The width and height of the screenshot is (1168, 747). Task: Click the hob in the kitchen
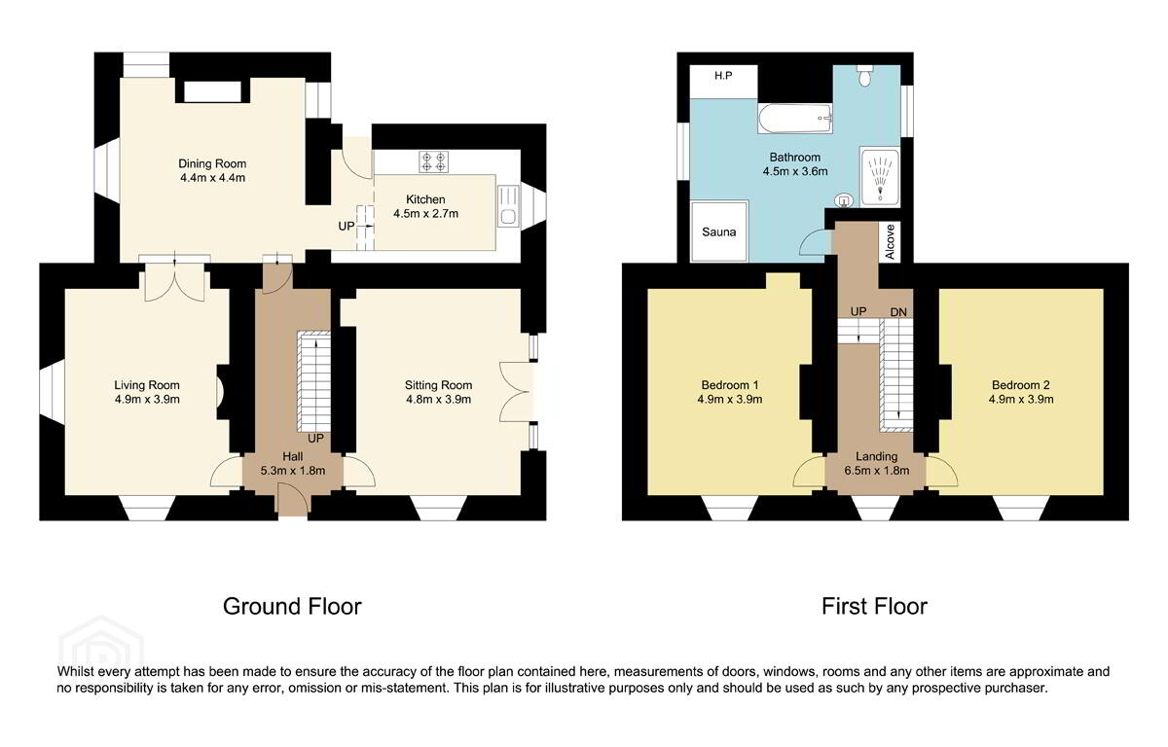(434, 161)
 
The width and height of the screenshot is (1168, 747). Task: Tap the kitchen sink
(508, 206)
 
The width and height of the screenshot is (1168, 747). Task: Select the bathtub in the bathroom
(794, 119)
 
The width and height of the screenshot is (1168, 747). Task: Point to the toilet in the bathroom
(864, 76)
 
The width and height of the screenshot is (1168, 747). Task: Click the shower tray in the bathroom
(880, 177)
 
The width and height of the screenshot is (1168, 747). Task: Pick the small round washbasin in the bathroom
(844, 200)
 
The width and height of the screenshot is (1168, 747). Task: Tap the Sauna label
(718, 232)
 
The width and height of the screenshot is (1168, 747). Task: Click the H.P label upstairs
(723, 76)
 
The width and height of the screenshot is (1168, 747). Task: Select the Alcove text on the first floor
(890, 242)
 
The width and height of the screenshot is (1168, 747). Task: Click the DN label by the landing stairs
(898, 312)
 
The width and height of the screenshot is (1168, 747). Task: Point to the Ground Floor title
(292, 606)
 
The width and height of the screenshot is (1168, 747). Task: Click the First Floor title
(874, 606)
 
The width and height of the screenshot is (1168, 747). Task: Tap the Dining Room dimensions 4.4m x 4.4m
(212, 178)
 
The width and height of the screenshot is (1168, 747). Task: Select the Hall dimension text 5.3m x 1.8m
(293, 471)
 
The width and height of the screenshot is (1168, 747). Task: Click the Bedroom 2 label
(1020, 385)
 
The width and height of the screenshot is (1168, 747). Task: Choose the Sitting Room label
(439, 385)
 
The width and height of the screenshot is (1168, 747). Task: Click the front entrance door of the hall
(294, 500)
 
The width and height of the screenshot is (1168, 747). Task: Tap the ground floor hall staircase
(313, 381)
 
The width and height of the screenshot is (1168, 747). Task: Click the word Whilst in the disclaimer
(75, 671)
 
